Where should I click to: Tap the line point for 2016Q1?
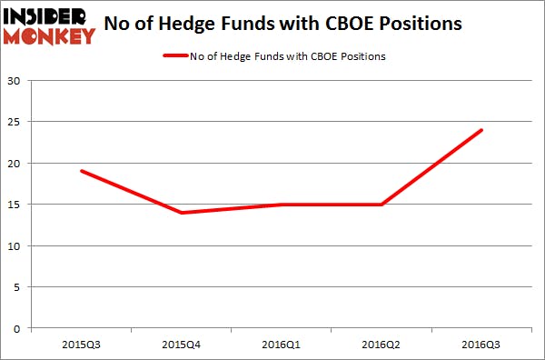(x=282, y=205)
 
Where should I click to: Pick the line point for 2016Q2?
(x=382, y=205)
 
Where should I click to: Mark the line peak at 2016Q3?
(x=482, y=130)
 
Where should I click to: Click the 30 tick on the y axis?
(x=15, y=81)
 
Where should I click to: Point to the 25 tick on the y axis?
(x=15, y=122)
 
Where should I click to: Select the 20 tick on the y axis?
(x=15, y=164)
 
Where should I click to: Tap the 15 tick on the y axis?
(x=15, y=205)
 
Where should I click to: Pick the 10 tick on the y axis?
(x=15, y=246)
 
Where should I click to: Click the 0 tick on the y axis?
(x=19, y=328)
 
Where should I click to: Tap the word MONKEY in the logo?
(x=50, y=36)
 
